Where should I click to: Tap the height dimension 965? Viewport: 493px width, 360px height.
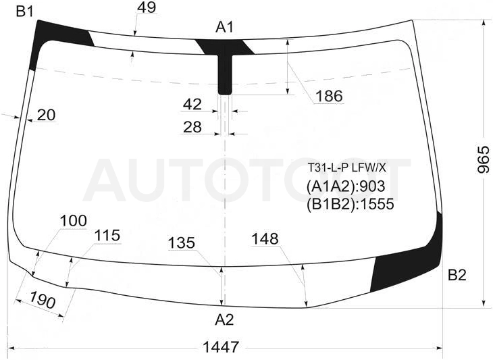point(484,159)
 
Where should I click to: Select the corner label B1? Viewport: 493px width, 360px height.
point(25,11)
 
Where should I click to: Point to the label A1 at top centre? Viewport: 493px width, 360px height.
point(224,27)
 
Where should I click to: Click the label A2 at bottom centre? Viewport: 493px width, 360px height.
point(224,319)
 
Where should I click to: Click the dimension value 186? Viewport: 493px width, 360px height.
point(329,96)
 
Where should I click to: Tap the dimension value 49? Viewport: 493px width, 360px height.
point(147,7)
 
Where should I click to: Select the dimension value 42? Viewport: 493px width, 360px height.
point(192,104)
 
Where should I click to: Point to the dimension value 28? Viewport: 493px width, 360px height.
point(192,127)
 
